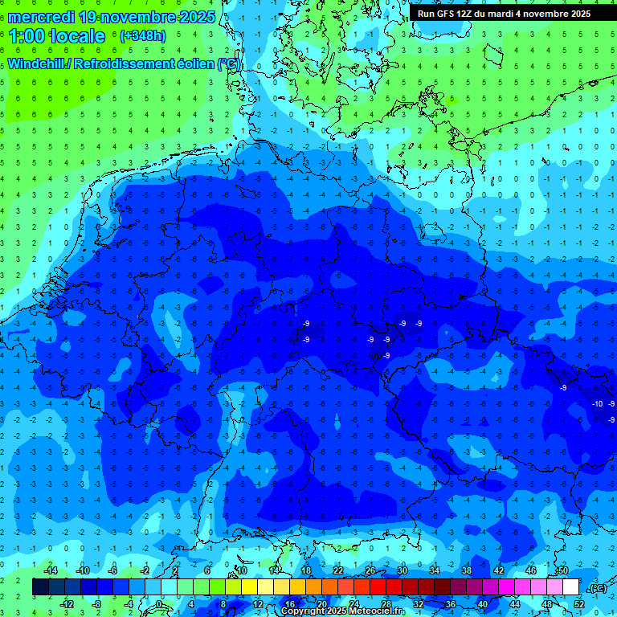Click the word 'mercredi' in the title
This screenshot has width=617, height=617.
pos(41,16)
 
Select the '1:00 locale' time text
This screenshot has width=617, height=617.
pos(57,36)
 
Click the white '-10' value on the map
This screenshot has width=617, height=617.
pos(597,403)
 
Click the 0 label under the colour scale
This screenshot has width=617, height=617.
pos(158,604)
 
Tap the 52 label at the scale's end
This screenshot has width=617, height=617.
pos(579,604)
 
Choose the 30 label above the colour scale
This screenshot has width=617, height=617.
pos(402,570)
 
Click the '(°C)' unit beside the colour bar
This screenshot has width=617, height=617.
pos(598,588)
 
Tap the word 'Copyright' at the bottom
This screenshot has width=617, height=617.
pos(304,611)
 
